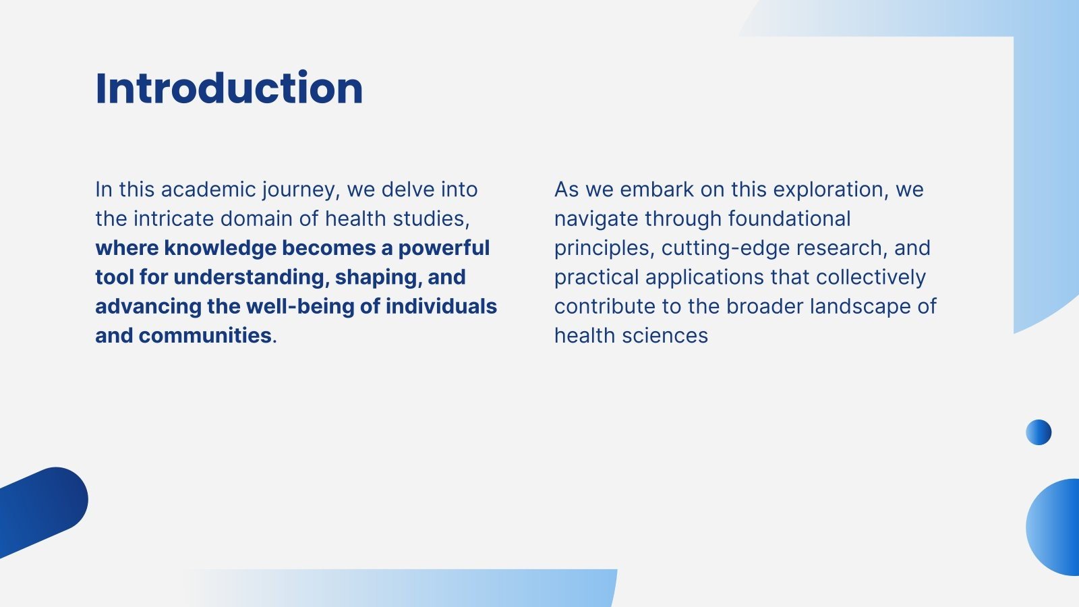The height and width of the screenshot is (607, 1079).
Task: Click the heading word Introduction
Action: click(229, 88)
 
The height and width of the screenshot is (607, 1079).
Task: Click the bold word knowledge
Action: click(220, 249)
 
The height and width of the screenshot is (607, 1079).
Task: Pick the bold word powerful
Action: click(444, 249)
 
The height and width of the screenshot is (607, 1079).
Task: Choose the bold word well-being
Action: click(300, 307)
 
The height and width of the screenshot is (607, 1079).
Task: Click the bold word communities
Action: click(205, 335)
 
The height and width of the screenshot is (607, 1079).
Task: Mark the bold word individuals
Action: click(441, 306)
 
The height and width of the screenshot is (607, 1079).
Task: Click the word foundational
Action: click(789, 219)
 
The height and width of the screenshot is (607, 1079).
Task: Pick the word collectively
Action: click(871, 278)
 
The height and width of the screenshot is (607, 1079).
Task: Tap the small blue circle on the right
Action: click(1039, 432)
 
